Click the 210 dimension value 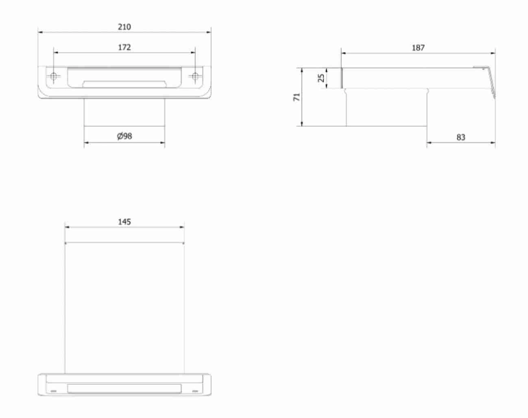pos(124,27)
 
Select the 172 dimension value pos(124,48)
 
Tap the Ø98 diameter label pos(124,136)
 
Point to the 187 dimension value pos(418,48)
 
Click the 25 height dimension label pos(321,78)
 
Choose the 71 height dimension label pos(297,97)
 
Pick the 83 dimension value pos(460,137)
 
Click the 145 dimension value pos(124,222)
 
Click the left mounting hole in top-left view pos(53,76)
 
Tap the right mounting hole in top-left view pos(195,76)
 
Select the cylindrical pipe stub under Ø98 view pos(124,112)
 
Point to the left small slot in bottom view pos(53,391)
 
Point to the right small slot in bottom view pos(195,391)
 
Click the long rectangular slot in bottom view pos(124,388)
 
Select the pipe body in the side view pos(386,108)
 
